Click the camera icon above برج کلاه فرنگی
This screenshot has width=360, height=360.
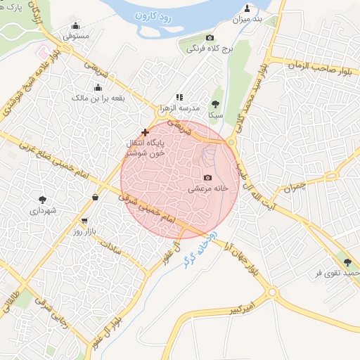pyautogui.click(x=209, y=37)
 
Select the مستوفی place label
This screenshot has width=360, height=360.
pyautogui.click(x=75, y=34)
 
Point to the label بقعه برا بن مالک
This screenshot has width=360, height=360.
pyautogui.click(x=98, y=98)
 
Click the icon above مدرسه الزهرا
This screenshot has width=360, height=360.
pyautogui.click(x=179, y=97)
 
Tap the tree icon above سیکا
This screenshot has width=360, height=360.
pyautogui.click(x=215, y=104)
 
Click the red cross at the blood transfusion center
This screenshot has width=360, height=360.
pyautogui.click(x=146, y=131)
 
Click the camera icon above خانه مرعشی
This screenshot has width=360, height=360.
pyautogui.click(x=207, y=178)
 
